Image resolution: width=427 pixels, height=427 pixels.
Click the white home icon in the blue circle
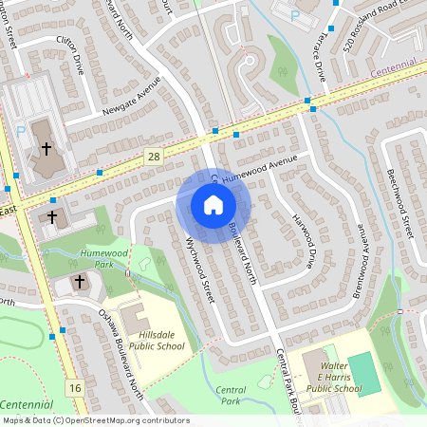(213, 205)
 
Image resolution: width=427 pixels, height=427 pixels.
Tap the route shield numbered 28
(153, 155)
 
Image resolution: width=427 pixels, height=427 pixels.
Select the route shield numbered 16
(76, 387)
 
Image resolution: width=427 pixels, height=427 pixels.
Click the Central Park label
(231, 395)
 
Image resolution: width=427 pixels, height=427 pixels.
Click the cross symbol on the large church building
(45, 148)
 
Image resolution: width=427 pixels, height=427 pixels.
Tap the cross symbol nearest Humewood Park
(80, 282)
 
